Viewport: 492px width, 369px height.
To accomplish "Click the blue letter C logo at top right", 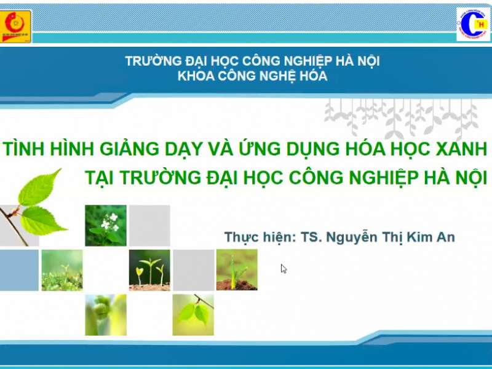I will click(473, 24).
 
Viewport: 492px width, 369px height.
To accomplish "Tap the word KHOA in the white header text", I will click(192, 76).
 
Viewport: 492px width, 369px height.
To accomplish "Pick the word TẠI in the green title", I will click(100, 177).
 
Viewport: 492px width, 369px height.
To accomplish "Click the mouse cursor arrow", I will click(284, 268).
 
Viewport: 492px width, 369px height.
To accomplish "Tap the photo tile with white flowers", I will click(106, 225).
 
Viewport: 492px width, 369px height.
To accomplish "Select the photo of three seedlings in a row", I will click(149, 269).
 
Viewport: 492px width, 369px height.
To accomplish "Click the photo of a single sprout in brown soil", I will click(237, 269).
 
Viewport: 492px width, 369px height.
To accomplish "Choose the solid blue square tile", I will click(18, 269).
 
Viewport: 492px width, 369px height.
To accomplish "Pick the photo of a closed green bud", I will click(106, 314).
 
